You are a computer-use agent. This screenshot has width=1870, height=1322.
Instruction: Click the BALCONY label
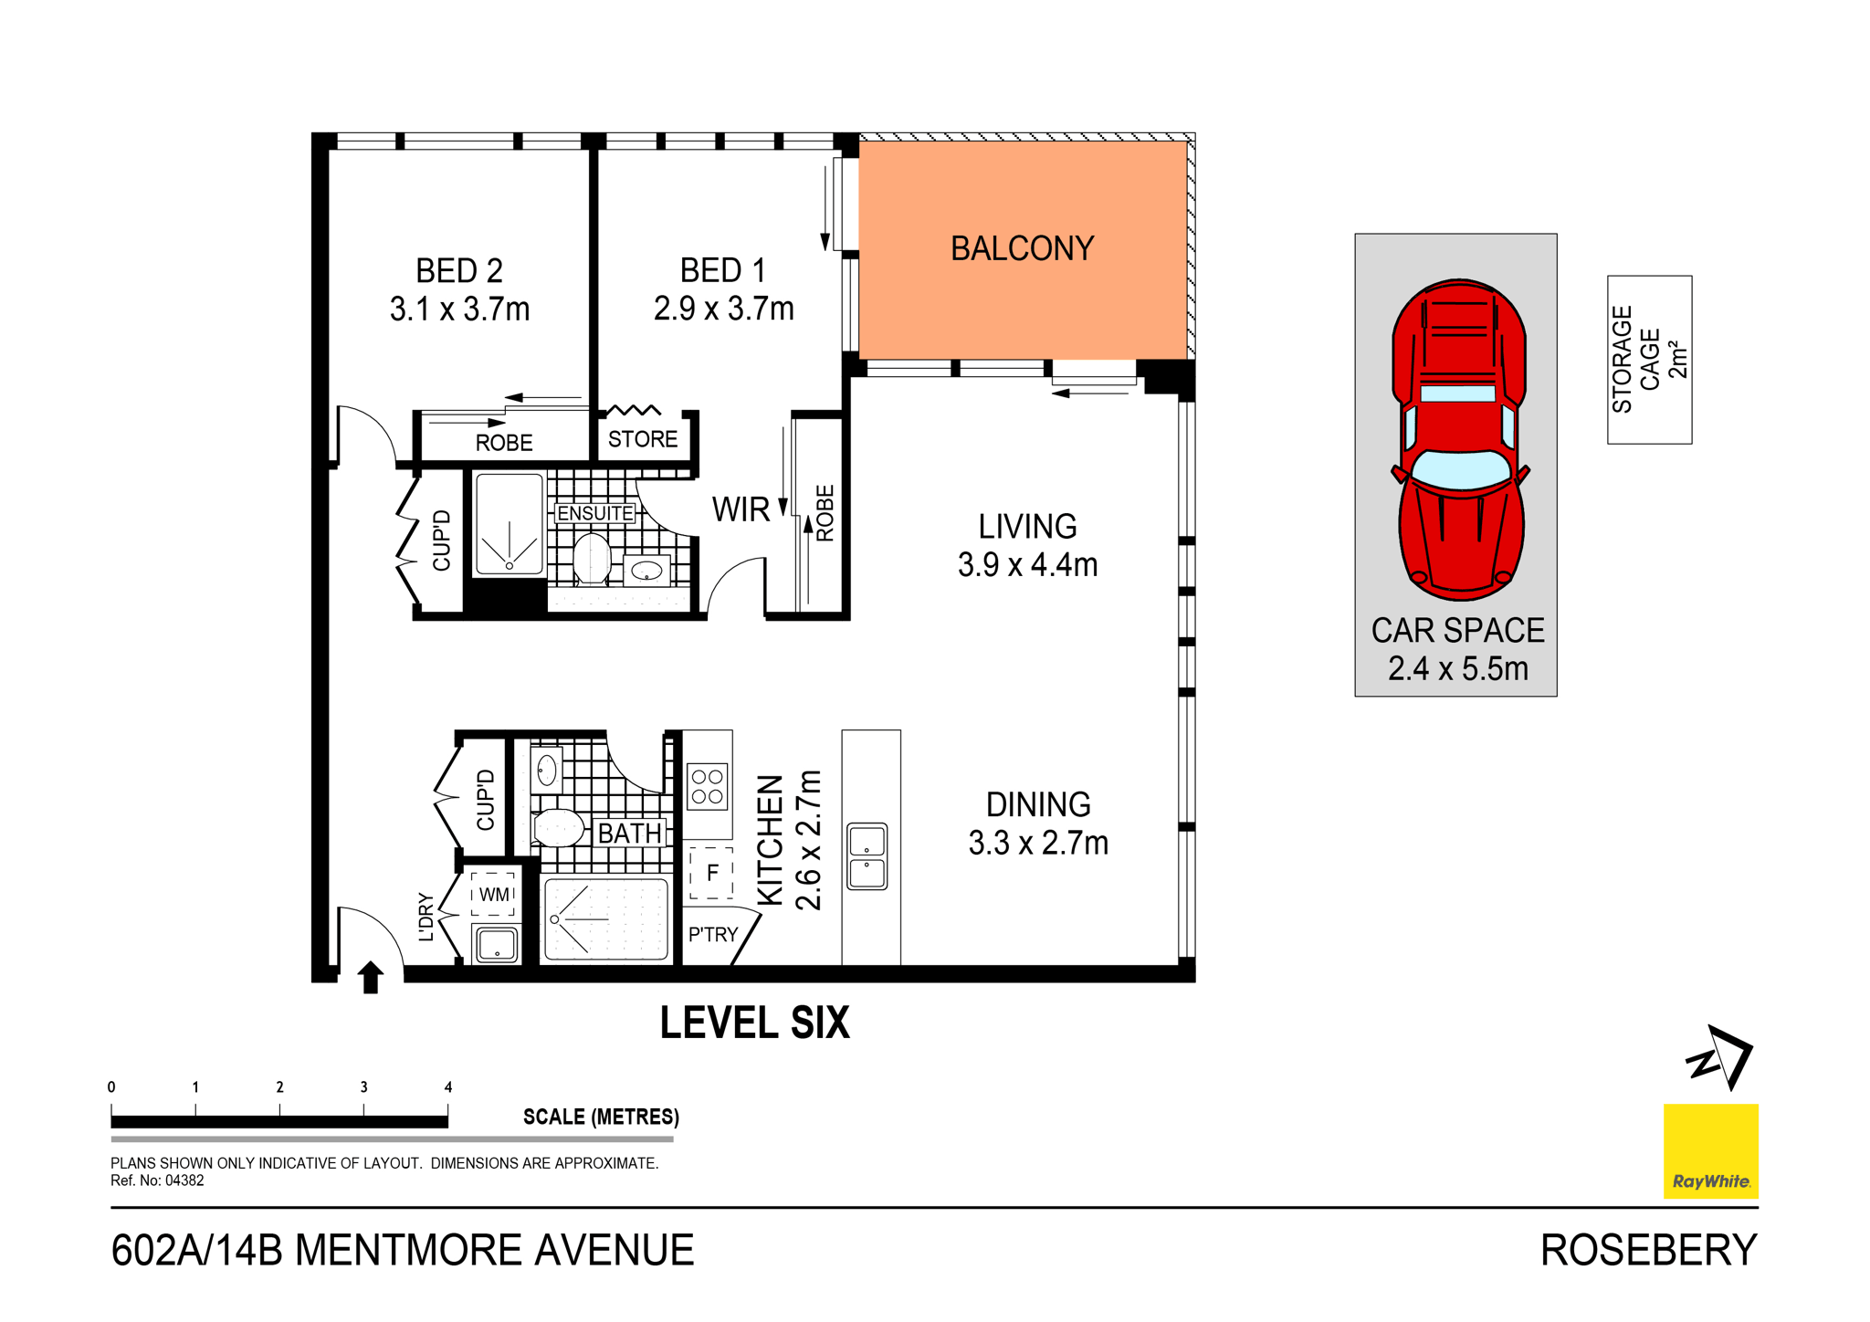pos(1022,249)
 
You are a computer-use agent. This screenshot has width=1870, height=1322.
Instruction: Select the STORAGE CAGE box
pos(1649,360)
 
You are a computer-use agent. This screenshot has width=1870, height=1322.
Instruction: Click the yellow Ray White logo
pos(1710,1150)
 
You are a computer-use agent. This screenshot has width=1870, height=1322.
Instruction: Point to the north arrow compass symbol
pos(1720,1058)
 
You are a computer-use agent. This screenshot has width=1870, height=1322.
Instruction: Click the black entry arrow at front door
pos(370,977)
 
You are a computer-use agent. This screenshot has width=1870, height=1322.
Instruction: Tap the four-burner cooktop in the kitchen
pos(708,787)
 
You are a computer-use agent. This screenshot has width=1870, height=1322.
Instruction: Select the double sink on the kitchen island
pos(867,855)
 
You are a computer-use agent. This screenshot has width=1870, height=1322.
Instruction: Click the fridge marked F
pos(712,874)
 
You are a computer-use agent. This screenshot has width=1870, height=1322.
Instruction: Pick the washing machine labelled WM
pos(494,895)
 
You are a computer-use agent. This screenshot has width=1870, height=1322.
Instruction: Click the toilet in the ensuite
pos(592,559)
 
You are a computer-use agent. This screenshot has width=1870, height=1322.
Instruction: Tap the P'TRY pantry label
pos(713,935)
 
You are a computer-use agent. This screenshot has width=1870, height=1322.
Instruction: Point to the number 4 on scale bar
pos(448,1087)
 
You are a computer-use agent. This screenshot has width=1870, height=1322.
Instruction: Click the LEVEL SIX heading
pos(754,1023)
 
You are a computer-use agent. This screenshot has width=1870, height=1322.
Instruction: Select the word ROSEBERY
pos(1648,1251)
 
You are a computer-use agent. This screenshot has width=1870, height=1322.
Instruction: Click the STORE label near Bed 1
pos(643,440)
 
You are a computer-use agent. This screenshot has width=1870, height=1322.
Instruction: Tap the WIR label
pos(741,510)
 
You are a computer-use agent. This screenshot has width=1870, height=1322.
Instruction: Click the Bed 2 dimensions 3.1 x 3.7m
pos(459,310)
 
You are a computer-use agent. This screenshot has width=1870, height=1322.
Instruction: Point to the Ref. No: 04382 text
pos(157,1180)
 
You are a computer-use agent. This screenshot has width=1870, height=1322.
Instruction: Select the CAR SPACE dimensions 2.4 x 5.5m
pos(1457,669)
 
